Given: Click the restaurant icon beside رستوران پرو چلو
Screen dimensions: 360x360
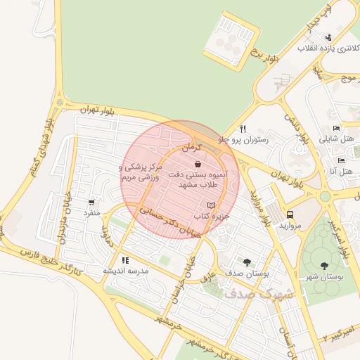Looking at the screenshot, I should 243,129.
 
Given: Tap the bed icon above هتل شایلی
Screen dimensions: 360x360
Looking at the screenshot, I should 336,129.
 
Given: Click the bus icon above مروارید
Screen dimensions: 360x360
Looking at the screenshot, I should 290,214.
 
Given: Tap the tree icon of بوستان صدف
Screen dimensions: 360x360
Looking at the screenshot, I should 246,261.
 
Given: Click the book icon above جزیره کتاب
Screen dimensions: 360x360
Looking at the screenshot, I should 212,205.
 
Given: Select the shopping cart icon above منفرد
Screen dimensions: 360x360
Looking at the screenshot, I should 92,202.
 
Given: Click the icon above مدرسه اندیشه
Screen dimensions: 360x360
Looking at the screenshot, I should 125,260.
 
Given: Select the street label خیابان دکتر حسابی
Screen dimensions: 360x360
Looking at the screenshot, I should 166,219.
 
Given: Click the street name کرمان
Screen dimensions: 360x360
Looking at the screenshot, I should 191,148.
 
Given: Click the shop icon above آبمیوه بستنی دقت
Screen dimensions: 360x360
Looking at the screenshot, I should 198,164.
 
